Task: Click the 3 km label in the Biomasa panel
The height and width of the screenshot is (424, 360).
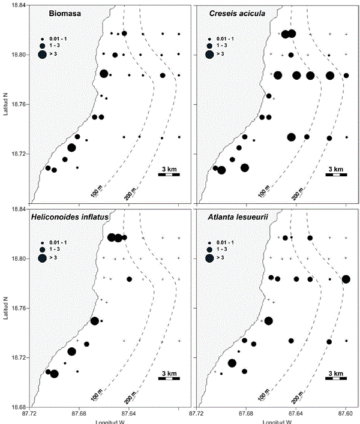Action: (x=168, y=169)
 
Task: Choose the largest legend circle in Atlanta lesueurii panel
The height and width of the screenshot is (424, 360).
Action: (x=210, y=259)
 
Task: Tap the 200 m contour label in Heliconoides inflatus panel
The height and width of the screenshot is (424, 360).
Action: (x=130, y=397)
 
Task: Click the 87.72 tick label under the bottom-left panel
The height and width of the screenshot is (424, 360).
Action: (x=28, y=413)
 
